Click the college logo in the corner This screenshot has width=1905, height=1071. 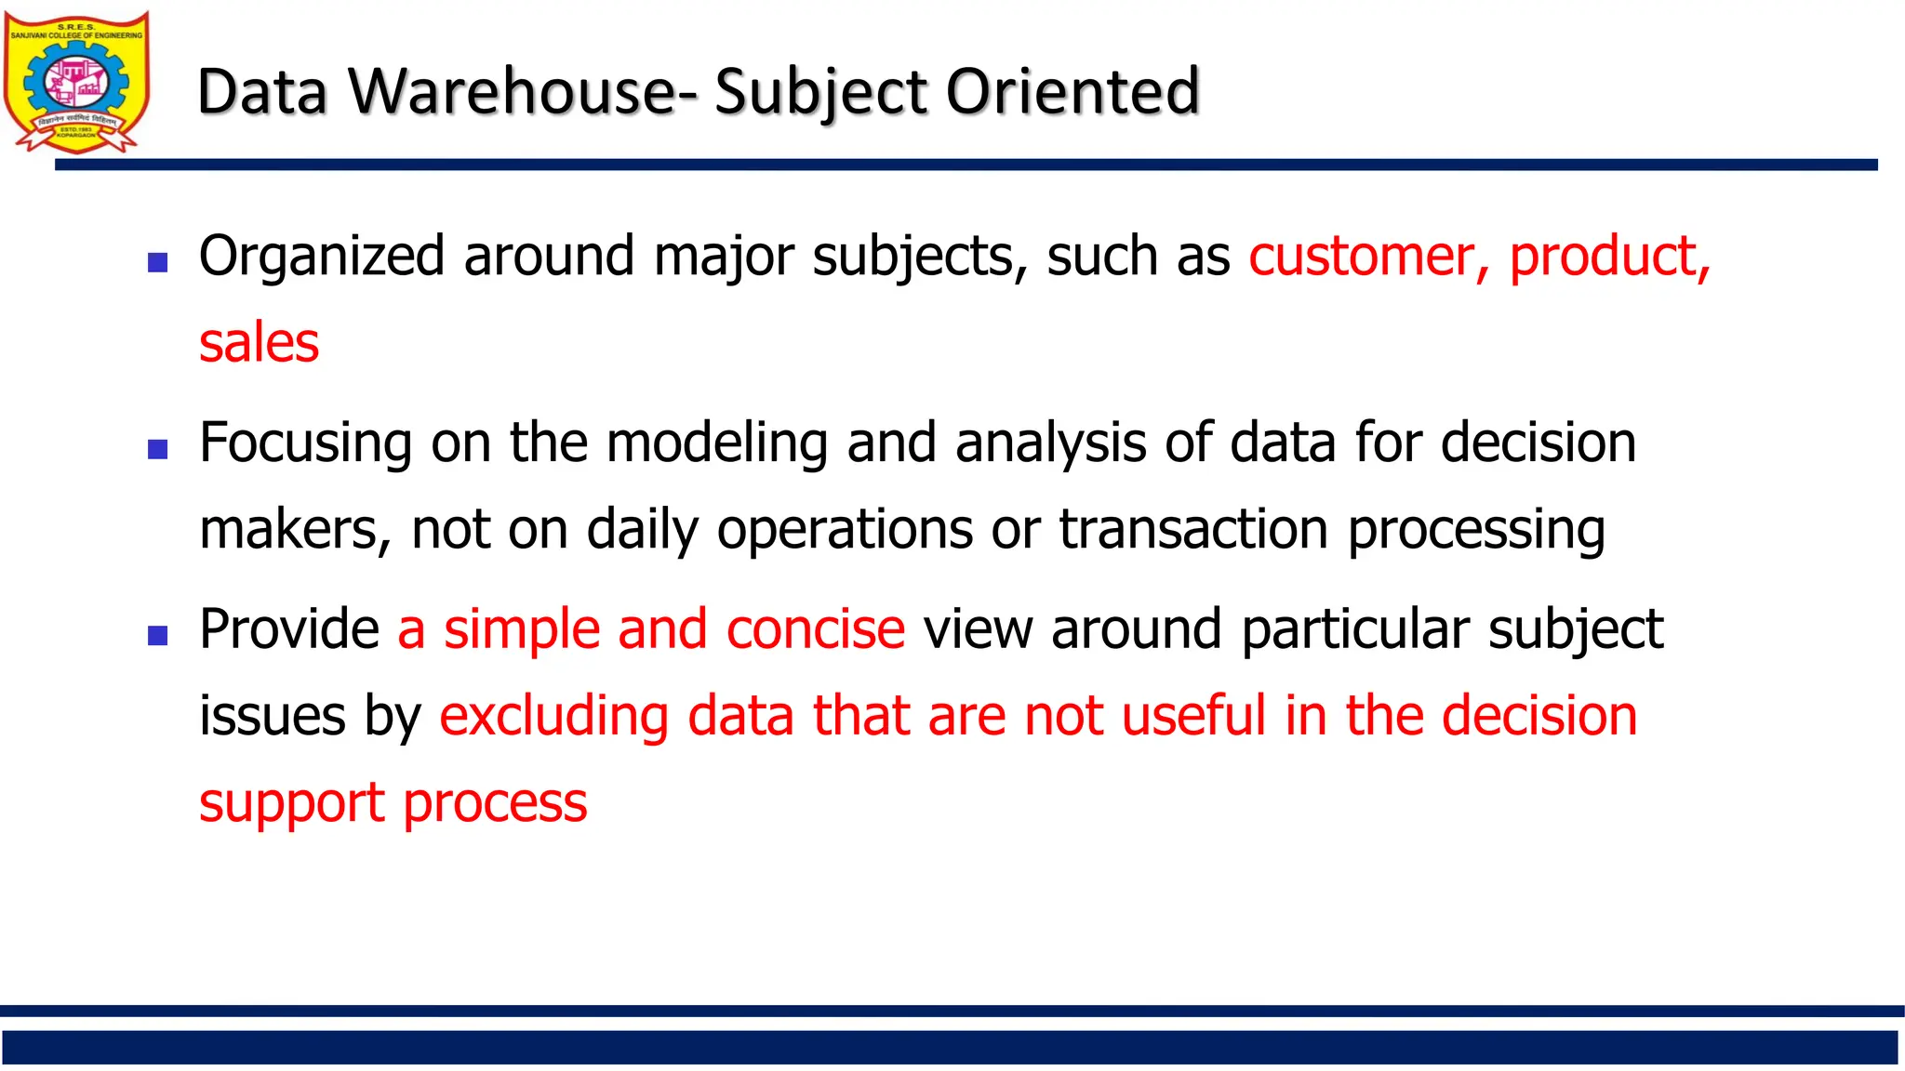point(76,82)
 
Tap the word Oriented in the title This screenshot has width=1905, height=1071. point(1072,92)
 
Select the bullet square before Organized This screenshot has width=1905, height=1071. point(158,262)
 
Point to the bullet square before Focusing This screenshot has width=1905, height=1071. point(158,450)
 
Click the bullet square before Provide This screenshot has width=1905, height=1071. point(158,636)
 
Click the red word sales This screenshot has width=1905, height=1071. point(260,343)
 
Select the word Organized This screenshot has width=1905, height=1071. point(322,257)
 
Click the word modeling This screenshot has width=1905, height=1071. point(716,443)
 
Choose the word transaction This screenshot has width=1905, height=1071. point(1193,530)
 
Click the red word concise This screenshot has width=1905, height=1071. point(815,629)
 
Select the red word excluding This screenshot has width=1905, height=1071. point(553,717)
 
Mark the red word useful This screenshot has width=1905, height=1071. point(1193,716)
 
